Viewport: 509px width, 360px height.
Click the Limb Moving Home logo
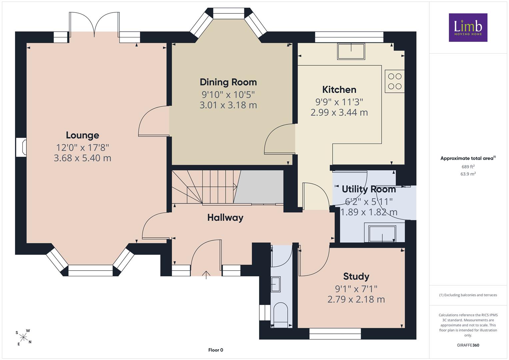click(468, 27)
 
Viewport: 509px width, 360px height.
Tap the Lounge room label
click(82, 135)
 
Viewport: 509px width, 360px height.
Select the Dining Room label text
click(228, 82)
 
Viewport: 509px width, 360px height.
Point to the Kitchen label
click(339, 90)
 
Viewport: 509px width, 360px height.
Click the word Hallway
click(225, 218)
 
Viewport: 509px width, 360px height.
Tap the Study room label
click(356, 277)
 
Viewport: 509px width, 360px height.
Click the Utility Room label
click(369, 189)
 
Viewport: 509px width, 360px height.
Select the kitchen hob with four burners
click(395, 81)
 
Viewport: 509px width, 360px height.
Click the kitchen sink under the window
click(351, 51)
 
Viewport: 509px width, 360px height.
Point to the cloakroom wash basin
click(276, 284)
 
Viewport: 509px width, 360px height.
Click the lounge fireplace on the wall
click(21, 147)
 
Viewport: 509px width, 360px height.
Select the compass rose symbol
click(23, 338)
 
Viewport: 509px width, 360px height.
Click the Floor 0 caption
click(216, 350)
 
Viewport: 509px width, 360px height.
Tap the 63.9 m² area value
click(468, 174)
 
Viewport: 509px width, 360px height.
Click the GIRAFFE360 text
click(468, 345)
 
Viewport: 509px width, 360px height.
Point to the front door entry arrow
click(206, 275)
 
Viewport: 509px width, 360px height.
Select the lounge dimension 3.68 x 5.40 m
click(82, 158)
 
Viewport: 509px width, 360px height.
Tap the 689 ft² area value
click(468, 167)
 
